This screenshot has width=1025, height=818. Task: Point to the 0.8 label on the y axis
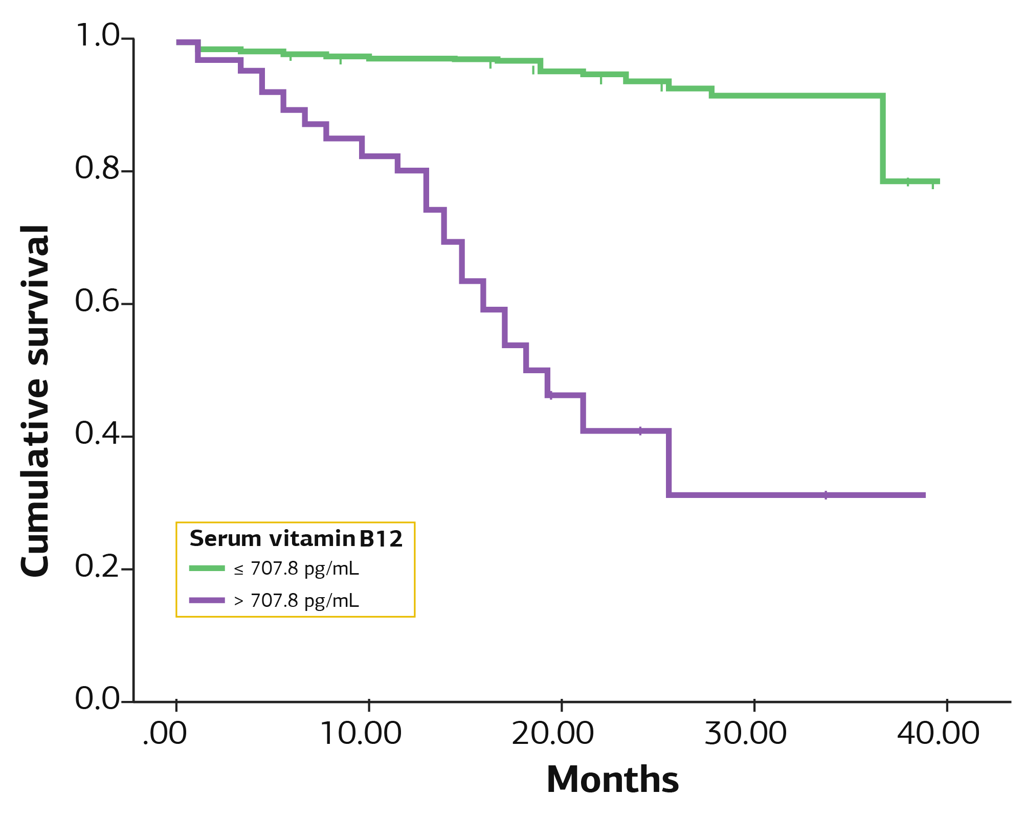[x=97, y=168]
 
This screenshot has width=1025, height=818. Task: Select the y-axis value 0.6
[x=97, y=300]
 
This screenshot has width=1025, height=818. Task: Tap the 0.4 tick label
[x=97, y=433]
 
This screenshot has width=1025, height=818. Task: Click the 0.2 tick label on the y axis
[x=97, y=565]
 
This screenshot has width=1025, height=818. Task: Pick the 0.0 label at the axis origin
[x=97, y=698]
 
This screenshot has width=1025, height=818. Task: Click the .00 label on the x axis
[x=165, y=734]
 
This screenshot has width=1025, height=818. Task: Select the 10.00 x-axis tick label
[x=361, y=734]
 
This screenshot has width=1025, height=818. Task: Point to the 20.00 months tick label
[x=553, y=734]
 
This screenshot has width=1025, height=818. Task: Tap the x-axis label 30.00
[x=746, y=734]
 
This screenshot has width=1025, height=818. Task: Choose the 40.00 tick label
[x=939, y=734]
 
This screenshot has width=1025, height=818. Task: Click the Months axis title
[x=613, y=780]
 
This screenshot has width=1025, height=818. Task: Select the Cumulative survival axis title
[x=35, y=401]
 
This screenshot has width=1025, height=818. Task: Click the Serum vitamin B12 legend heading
[x=296, y=539]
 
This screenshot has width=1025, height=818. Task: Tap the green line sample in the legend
[x=207, y=568]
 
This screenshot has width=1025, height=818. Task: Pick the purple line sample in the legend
[x=207, y=600]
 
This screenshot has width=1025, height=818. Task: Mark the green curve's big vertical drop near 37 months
[x=883, y=139]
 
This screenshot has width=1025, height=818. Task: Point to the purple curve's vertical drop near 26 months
[x=669, y=463]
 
